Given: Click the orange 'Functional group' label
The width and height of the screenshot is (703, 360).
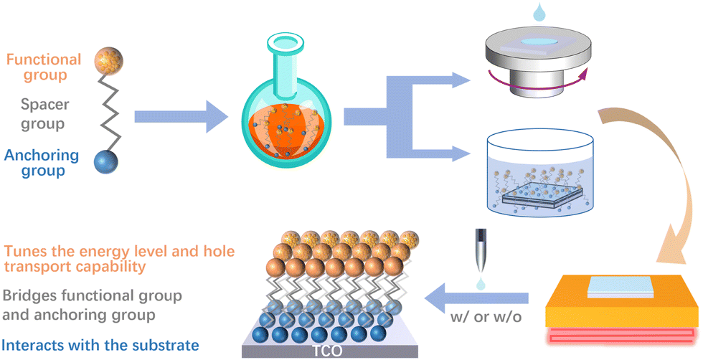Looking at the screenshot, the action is pyautogui.click(x=44, y=67).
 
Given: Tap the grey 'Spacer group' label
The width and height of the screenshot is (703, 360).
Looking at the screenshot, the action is pyautogui.click(x=44, y=114).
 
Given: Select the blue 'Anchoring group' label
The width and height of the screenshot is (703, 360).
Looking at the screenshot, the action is pyautogui.click(x=42, y=163).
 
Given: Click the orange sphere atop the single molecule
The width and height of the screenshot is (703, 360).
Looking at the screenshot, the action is pyautogui.click(x=108, y=62).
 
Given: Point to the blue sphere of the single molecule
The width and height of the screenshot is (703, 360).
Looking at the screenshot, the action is pyautogui.click(x=106, y=161).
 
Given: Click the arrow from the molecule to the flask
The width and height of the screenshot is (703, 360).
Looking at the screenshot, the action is pyautogui.click(x=181, y=117).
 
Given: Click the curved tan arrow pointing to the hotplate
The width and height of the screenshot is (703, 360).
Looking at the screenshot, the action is pyautogui.click(x=659, y=179).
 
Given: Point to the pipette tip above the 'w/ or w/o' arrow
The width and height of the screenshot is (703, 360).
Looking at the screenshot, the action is pyautogui.click(x=481, y=267).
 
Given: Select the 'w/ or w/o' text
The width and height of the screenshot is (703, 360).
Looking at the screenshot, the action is pyautogui.click(x=486, y=317).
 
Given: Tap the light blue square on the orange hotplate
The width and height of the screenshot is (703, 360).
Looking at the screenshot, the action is pyautogui.click(x=621, y=287).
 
